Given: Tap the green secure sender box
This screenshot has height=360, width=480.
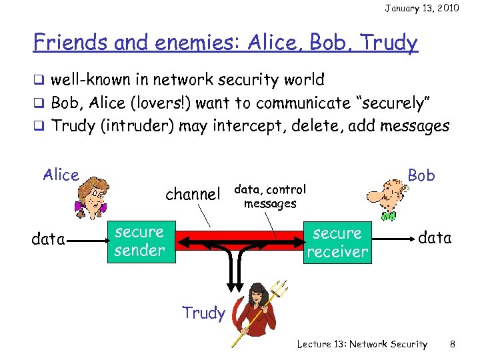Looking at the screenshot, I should pos(139,241).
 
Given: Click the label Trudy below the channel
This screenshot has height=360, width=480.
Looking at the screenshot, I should pos(203,313).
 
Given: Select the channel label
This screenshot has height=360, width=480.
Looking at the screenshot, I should pos(192,195).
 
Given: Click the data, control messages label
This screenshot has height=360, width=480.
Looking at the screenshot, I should pos(270,197).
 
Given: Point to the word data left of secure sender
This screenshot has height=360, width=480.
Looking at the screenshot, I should pos(48,239).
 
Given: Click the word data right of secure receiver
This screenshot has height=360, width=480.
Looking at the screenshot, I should pos(435,237).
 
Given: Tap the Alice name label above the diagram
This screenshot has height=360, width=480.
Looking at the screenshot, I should pos(61,175).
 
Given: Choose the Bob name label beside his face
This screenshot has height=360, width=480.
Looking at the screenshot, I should pos(421,175).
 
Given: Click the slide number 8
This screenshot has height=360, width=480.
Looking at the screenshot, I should pos(453,344).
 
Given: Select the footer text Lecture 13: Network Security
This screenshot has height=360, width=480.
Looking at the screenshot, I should pos(362,344).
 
